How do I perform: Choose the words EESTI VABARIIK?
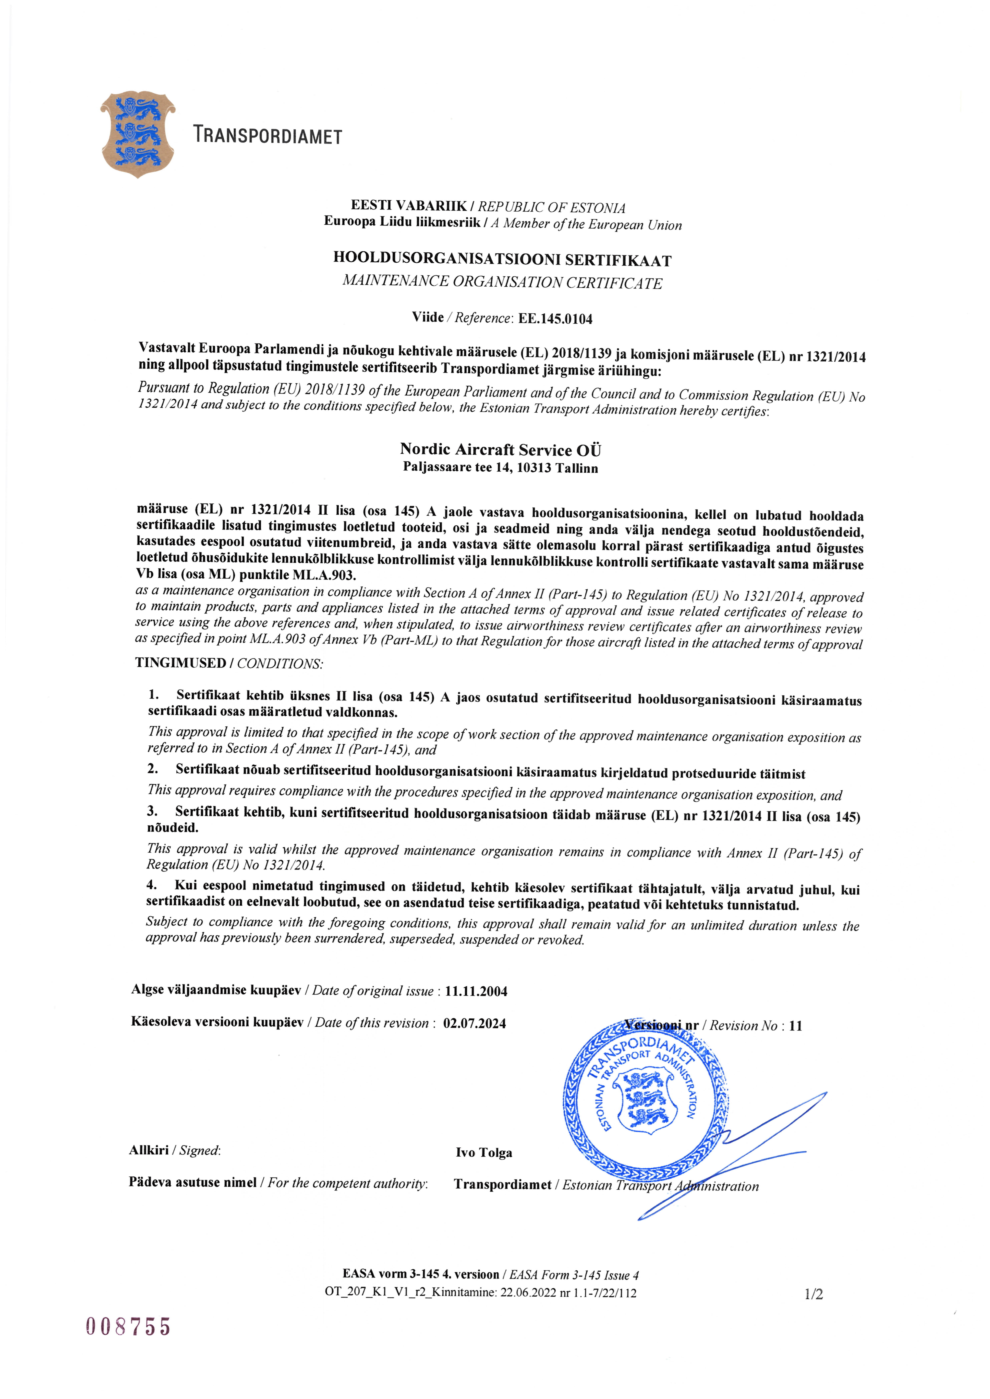[x=408, y=206]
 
